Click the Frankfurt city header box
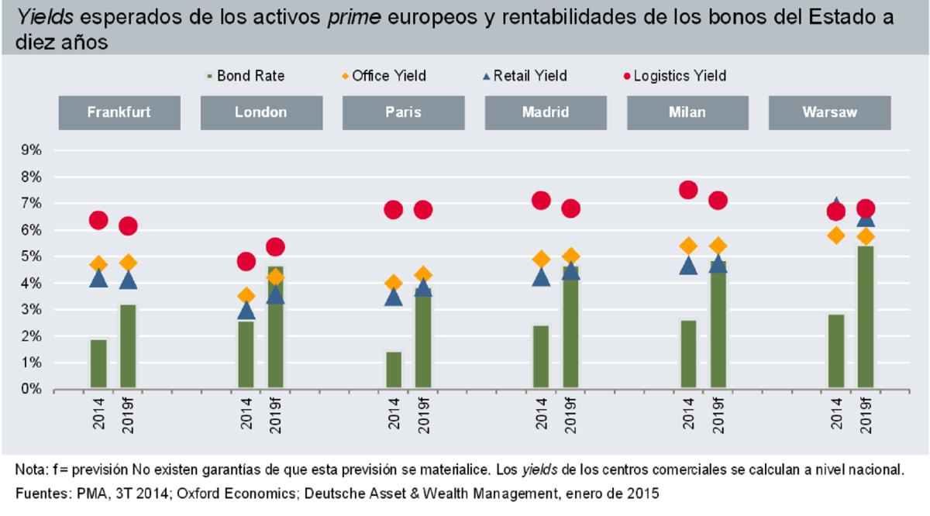(119, 112)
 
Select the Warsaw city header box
(829, 112)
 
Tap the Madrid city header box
(545, 112)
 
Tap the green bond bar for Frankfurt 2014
(98, 364)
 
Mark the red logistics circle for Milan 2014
(688, 190)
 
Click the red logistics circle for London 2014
(246, 261)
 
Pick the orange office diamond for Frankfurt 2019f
(128, 263)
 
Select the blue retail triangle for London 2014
(246, 311)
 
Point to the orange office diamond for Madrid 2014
(541, 259)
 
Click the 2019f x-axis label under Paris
(423, 418)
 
